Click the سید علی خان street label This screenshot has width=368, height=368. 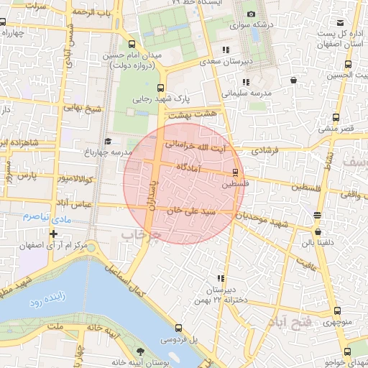click(190, 213)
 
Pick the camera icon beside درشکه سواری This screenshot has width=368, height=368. click(251, 14)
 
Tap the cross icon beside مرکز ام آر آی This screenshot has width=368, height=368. click(53, 234)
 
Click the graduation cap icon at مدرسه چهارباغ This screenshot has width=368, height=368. click(108, 141)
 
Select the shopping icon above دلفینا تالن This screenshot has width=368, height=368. click(318, 232)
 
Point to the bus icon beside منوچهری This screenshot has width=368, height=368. click(337, 310)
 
